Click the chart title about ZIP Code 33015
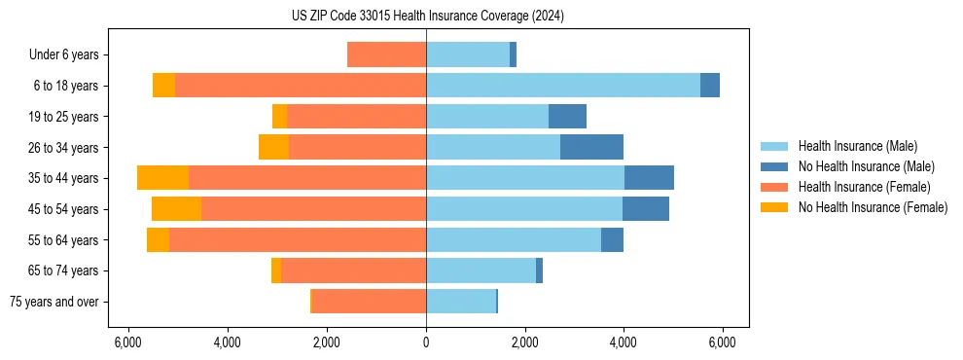point(427,17)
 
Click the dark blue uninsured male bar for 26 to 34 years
point(591,148)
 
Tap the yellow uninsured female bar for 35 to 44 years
point(162,178)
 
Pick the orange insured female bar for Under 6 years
point(386,55)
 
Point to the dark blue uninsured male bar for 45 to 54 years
point(645,209)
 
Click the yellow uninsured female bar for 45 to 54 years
point(176,209)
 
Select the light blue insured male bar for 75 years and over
point(460,302)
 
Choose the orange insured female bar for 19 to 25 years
point(356,117)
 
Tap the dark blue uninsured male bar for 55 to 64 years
point(612,240)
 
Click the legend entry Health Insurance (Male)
point(857,146)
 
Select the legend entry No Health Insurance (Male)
point(866,166)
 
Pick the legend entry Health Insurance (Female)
point(864,187)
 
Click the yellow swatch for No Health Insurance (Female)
point(774,207)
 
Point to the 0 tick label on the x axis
point(426,342)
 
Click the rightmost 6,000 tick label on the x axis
point(722,342)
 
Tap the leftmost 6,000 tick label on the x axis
point(128,342)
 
